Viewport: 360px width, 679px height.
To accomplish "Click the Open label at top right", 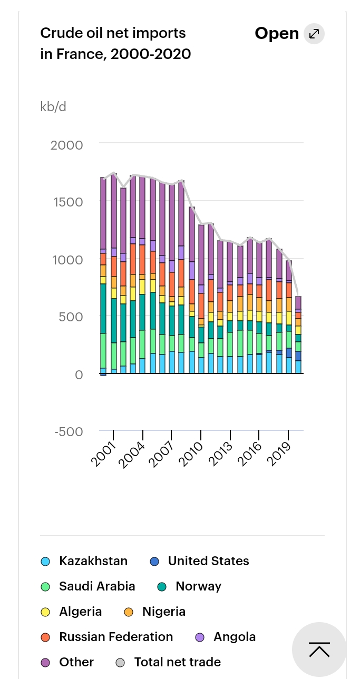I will (277, 34).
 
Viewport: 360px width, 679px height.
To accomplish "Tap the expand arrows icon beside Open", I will (314, 34).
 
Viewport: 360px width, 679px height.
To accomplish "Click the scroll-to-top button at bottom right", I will (319, 650).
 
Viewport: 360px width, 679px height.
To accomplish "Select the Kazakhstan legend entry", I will (93, 561).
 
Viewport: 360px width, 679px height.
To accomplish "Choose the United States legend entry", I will (208, 561).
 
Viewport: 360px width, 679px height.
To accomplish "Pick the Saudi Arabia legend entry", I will (97, 586).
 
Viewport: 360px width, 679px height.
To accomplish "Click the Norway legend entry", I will (198, 586).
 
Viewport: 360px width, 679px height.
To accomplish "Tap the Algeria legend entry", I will (80, 612).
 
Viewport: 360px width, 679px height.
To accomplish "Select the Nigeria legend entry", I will (163, 612).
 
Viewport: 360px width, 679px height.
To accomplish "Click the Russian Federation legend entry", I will (115, 637).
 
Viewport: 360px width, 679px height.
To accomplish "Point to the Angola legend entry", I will (234, 637).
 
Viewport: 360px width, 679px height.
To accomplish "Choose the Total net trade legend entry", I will (177, 662).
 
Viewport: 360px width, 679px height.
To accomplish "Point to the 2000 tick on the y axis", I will (67, 145).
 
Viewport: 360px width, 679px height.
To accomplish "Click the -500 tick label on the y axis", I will (69, 431).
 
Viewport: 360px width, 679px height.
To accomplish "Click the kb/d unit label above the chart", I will (53, 106).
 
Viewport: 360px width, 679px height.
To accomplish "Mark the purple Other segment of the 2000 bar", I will (103, 213).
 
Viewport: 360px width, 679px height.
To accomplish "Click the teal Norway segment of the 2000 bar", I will (103, 308).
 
